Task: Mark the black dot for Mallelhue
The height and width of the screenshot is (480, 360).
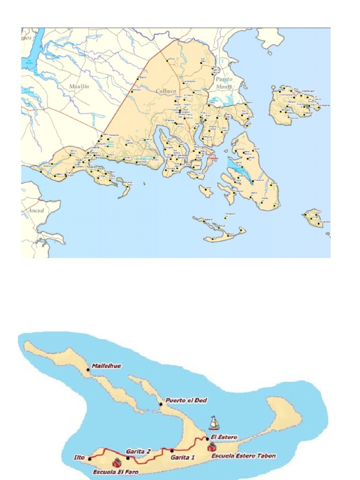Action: click(88, 370)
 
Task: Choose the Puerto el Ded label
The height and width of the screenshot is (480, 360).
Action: click(186, 400)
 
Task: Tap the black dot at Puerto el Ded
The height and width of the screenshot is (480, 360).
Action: click(161, 404)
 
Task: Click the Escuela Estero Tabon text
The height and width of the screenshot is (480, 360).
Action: click(243, 455)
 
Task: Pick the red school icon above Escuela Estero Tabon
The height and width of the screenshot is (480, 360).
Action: click(212, 446)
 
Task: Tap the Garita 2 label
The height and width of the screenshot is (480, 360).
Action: click(138, 451)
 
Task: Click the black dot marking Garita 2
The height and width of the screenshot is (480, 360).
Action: click(127, 458)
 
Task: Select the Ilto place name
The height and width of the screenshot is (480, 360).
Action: click(80, 455)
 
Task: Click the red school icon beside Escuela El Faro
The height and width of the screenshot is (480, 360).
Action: click(116, 463)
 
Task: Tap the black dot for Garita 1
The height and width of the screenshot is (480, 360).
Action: click(172, 451)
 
